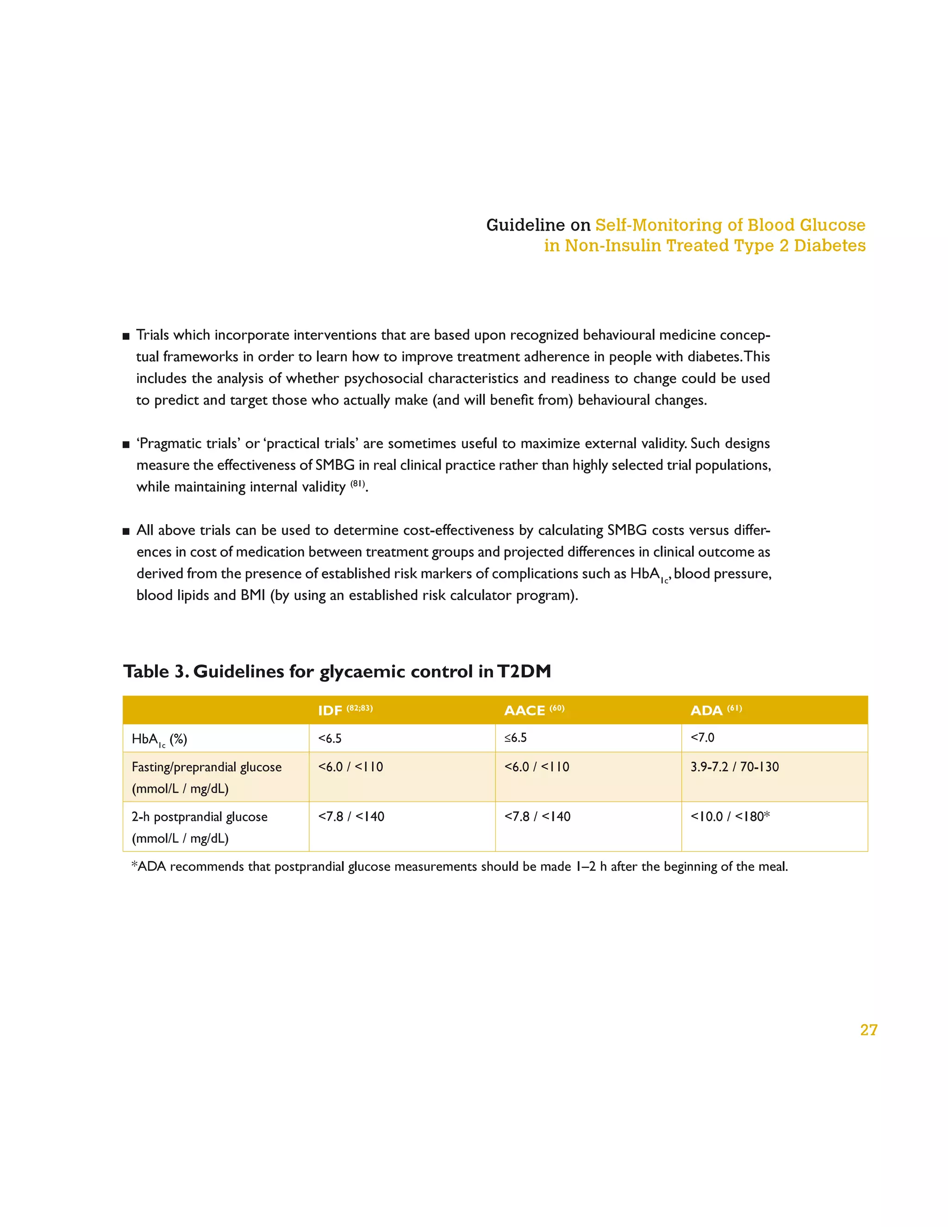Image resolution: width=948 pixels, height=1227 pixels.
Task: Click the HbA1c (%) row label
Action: coord(159,739)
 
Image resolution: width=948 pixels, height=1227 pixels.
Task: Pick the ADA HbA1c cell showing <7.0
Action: coord(702,738)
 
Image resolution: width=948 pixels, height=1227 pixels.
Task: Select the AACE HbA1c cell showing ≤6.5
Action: coord(515,738)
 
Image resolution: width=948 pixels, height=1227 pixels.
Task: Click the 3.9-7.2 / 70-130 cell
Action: coord(734,767)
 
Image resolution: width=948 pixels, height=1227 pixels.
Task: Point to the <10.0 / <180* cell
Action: coord(730,816)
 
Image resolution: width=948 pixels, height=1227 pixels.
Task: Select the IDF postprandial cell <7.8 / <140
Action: coord(351,816)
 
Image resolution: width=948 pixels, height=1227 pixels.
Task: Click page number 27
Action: coord(868,1030)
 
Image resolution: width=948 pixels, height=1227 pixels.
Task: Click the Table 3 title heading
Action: coord(337,671)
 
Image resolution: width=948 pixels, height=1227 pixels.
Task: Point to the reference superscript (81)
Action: coord(358,484)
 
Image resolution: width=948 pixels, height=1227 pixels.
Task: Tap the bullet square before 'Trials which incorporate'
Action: coord(126,337)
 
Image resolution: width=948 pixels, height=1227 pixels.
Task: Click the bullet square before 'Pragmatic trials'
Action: coord(126,445)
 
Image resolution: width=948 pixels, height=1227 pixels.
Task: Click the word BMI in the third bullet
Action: coord(253,595)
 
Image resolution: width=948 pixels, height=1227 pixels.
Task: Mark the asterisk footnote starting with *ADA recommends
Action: coord(459,866)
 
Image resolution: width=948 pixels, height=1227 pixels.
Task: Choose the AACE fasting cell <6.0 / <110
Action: coord(536,767)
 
